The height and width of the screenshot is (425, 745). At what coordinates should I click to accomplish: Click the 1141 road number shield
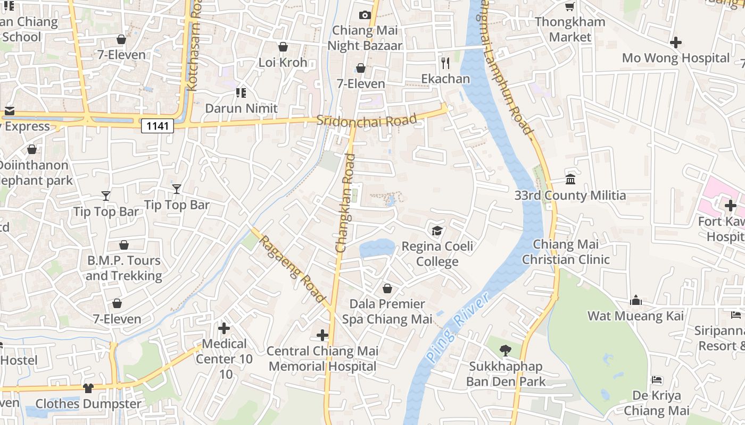point(158,126)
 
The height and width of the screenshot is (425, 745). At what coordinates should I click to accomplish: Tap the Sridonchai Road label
point(366,120)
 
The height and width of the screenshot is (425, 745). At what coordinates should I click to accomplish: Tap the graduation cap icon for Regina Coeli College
point(437,231)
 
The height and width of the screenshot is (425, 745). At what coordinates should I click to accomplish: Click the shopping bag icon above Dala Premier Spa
point(387,288)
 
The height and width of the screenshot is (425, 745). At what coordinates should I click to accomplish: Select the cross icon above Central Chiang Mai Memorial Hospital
point(322,335)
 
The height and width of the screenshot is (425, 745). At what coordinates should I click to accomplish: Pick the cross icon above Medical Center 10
point(224,328)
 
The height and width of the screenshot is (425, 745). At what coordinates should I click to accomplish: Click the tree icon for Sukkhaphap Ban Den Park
point(505,351)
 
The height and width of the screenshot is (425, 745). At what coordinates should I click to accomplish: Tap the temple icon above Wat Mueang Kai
point(635,301)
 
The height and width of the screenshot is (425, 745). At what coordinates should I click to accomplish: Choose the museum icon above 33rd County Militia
point(570,180)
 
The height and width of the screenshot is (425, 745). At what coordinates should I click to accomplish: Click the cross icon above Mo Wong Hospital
point(676,42)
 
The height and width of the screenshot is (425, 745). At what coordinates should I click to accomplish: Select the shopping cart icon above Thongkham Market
point(570,6)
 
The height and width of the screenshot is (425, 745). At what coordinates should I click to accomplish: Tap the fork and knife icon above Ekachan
point(445,63)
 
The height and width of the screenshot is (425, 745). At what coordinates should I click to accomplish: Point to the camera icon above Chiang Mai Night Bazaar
point(365,15)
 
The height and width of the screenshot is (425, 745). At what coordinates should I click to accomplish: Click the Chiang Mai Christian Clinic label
point(566,252)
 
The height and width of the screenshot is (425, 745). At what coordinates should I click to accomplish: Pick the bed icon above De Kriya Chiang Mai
point(657,380)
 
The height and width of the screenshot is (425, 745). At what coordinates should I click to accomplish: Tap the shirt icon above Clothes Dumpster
point(88,388)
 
